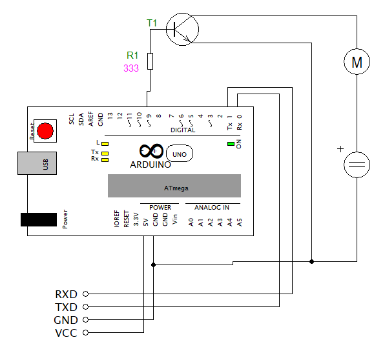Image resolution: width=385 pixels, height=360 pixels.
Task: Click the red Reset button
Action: (x=45, y=131)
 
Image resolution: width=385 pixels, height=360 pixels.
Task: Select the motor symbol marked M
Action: (x=357, y=61)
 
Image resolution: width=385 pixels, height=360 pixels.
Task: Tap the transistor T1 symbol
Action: (x=182, y=29)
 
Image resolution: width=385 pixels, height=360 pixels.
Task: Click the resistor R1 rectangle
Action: (x=151, y=61)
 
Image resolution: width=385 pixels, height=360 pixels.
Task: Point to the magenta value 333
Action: (x=131, y=68)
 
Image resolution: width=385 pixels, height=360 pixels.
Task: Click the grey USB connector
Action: (x=37, y=163)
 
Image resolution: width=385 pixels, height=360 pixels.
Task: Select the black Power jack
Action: (x=39, y=219)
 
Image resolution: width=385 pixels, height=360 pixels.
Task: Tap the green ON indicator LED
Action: (x=231, y=144)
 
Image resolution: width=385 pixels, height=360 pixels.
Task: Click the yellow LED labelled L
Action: (x=105, y=144)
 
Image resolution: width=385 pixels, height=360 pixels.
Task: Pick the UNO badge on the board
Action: (x=180, y=154)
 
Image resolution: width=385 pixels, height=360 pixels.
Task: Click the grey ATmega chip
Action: (x=174, y=186)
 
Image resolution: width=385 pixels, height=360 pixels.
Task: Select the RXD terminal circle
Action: (x=85, y=294)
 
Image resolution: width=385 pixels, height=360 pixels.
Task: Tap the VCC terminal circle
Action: (x=85, y=333)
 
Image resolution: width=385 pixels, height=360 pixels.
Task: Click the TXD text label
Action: (x=67, y=307)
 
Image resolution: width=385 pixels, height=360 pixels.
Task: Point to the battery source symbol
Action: (x=357, y=165)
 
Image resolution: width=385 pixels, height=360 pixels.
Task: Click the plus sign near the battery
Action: (x=340, y=149)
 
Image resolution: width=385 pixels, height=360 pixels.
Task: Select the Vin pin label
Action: (x=175, y=219)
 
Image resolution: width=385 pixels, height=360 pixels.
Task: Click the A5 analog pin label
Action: (x=240, y=222)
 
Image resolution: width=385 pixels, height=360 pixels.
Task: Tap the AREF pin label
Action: (x=91, y=119)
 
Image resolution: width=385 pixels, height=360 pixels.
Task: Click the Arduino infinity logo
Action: (x=152, y=151)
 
